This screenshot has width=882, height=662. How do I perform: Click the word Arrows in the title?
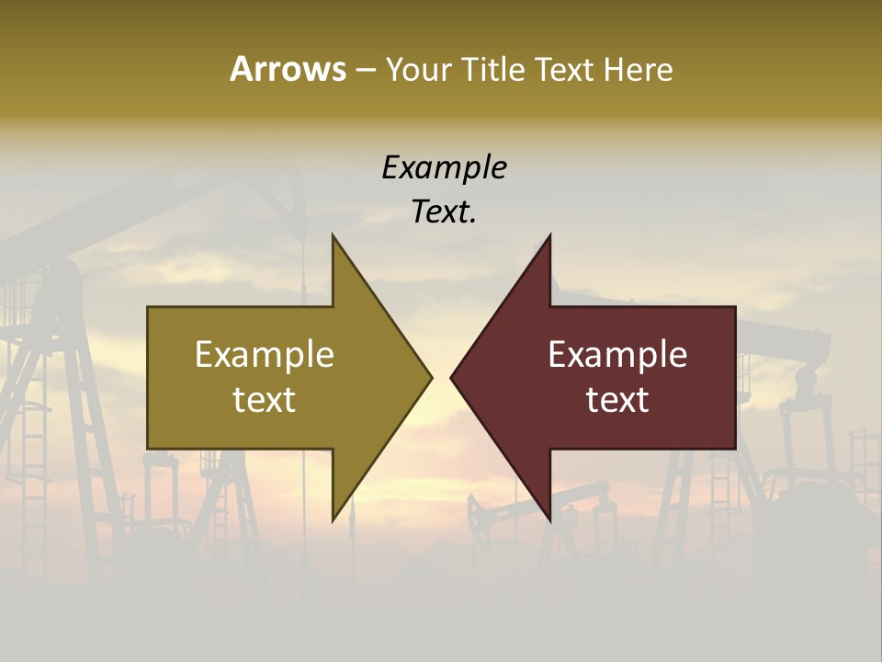click(x=288, y=69)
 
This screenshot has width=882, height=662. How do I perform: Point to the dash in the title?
click(x=365, y=70)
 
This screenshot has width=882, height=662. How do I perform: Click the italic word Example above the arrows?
click(x=444, y=167)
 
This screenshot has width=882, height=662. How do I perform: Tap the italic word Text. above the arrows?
click(x=444, y=211)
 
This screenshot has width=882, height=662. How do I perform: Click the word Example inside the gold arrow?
click(x=265, y=354)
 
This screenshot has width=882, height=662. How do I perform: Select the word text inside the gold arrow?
click(x=265, y=400)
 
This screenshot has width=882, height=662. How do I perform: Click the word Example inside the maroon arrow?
click(x=617, y=354)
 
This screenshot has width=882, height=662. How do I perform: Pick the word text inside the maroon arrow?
click(x=617, y=400)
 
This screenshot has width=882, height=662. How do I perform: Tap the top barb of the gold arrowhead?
click(x=335, y=241)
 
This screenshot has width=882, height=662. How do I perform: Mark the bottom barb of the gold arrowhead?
click(x=335, y=515)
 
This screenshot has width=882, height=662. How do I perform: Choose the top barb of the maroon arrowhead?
click(x=548, y=241)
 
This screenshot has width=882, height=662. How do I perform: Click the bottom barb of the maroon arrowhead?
click(x=548, y=515)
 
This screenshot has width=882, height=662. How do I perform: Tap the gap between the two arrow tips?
click(x=441, y=377)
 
